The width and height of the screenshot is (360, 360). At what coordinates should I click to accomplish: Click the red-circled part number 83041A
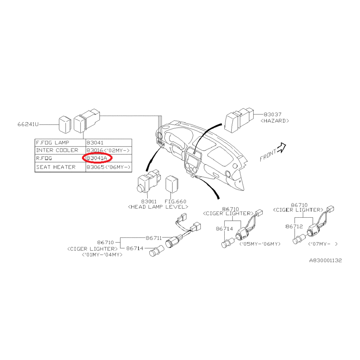click(97, 158)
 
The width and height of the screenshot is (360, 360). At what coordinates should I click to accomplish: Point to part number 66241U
click(28, 125)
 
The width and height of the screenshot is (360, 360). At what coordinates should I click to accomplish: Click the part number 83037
click(273, 114)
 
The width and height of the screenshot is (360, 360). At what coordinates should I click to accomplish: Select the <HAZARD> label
click(275, 121)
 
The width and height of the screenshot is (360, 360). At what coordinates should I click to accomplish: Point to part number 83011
click(148, 201)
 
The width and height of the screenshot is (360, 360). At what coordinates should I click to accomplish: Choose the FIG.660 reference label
click(175, 201)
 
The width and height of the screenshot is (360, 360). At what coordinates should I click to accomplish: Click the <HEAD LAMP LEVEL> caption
click(157, 207)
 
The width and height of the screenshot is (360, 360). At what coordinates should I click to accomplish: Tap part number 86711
click(154, 238)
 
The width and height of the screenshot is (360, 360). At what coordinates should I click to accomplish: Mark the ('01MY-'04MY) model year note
click(102, 255)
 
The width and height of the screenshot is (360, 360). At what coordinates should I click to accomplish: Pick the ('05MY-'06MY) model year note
click(260, 244)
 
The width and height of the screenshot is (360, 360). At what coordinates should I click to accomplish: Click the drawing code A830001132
click(325, 260)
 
